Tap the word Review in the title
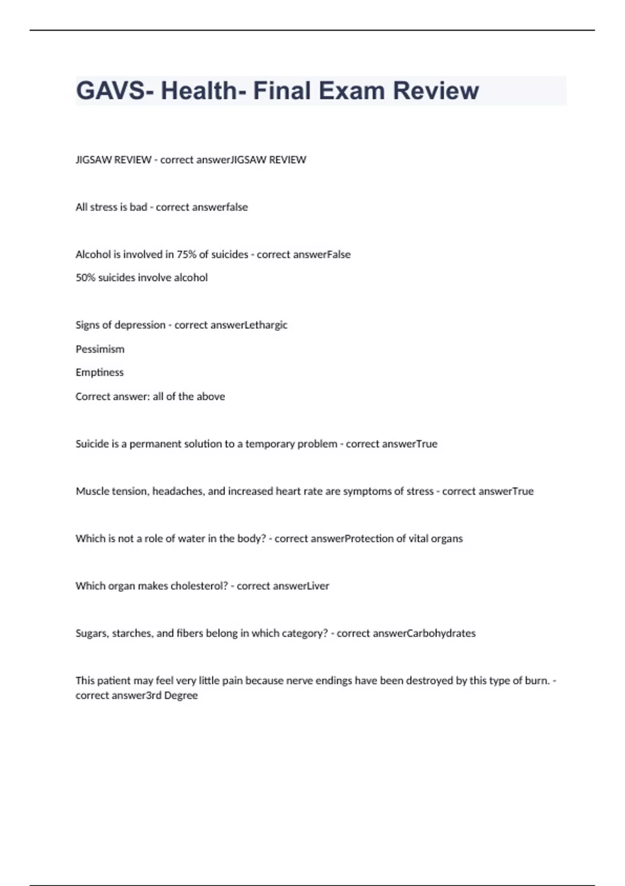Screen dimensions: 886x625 pyautogui.click(x=436, y=91)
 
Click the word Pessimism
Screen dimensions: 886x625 pyautogui.click(x=100, y=349)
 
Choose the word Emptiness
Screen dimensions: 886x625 pyautogui.click(x=99, y=373)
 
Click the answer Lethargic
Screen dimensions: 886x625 pyautogui.click(x=266, y=325)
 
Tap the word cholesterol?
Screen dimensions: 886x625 pyautogui.click(x=199, y=586)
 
